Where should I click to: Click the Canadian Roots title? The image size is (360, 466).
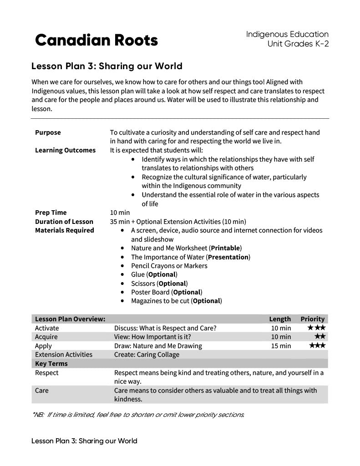(x=96, y=41)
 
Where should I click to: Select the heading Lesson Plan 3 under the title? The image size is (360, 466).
(x=106, y=66)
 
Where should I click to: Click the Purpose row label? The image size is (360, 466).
(x=48, y=132)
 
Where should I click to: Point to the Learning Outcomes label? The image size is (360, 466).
(x=65, y=150)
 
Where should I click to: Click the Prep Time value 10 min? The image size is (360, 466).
(x=120, y=213)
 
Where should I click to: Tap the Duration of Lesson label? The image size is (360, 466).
(x=64, y=222)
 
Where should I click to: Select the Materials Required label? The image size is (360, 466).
(x=64, y=230)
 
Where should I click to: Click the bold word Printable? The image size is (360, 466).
(x=225, y=248)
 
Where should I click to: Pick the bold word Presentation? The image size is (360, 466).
(x=228, y=257)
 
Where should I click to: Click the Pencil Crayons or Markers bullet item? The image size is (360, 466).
(x=169, y=266)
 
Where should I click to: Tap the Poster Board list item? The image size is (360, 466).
(x=167, y=292)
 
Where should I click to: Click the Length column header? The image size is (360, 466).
(x=280, y=319)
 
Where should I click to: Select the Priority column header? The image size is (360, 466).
(x=312, y=319)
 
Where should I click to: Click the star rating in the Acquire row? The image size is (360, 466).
(x=319, y=336)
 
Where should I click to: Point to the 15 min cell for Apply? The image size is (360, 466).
(x=281, y=346)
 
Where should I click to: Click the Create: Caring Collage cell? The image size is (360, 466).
(x=147, y=355)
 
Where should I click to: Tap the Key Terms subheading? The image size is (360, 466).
(x=51, y=364)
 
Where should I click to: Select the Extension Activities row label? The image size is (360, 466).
(x=63, y=355)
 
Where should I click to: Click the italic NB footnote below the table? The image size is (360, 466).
(x=138, y=415)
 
